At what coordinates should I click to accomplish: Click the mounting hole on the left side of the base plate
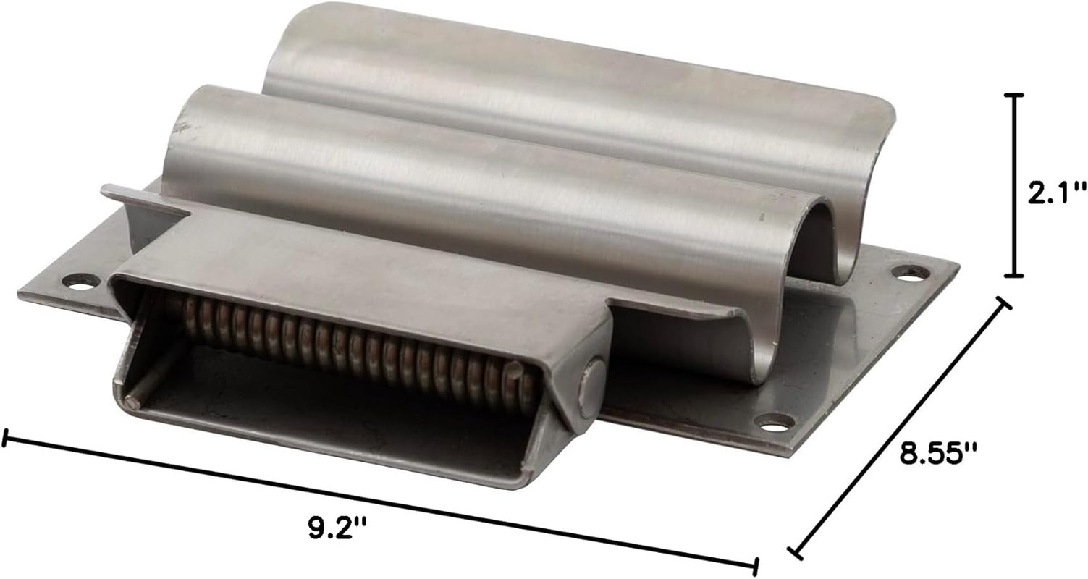tap(82, 282)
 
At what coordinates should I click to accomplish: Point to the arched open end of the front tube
tap(821, 243)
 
